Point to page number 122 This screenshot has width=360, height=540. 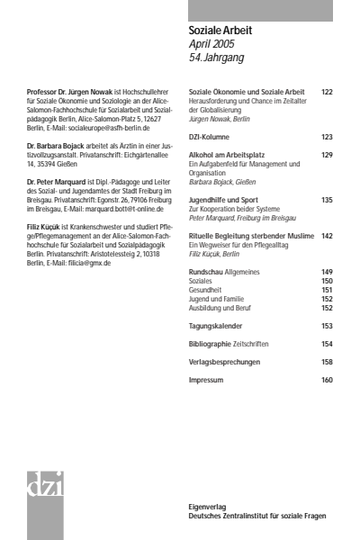(x=326, y=92)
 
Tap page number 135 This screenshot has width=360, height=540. (x=326, y=199)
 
